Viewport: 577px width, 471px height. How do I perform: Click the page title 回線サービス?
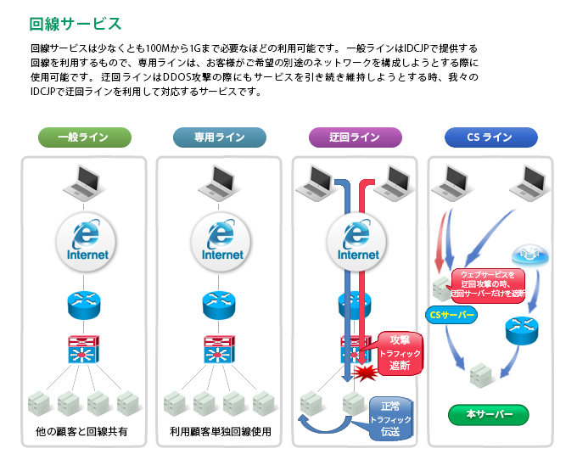pos(75,23)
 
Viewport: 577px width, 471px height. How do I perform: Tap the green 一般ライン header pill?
pos(83,137)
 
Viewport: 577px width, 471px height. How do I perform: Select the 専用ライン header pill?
pos(219,137)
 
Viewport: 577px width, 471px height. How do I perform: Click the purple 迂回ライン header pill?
pos(355,137)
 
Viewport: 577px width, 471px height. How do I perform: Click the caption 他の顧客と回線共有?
pos(82,431)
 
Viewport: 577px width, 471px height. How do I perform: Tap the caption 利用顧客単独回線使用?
pos(220,431)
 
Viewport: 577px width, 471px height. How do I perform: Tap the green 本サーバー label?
pos(489,415)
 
